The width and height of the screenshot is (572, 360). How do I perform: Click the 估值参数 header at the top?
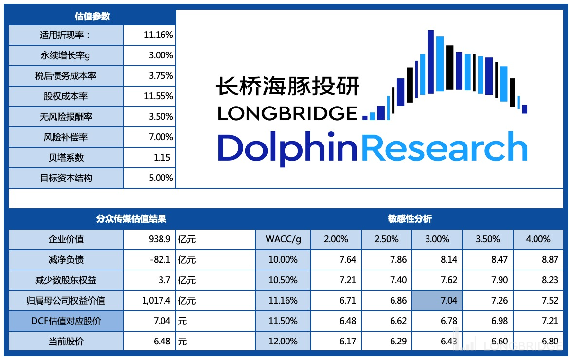(x=92, y=16)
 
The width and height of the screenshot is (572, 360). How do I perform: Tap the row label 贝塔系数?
(x=66, y=158)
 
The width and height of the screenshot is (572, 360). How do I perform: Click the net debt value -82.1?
(x=160, y=260)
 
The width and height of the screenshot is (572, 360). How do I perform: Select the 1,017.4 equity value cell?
(x=156, y=301)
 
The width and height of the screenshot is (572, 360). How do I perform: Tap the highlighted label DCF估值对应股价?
(x=66, y=321)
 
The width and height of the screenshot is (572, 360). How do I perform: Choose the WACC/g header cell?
(x=283, y=239)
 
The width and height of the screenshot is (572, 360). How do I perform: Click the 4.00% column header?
(x=538, y=239)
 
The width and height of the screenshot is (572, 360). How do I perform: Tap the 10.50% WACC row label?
(x=283, y=280)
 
